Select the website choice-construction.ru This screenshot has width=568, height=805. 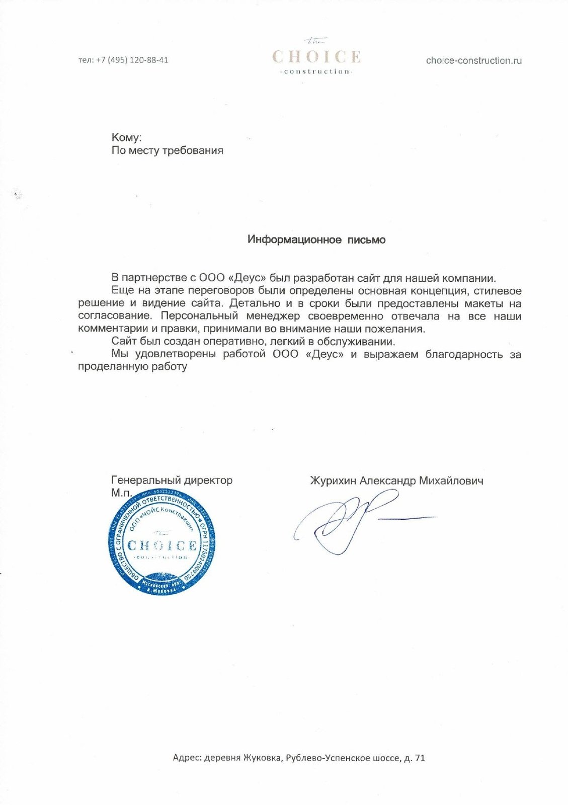[x=473, y=60]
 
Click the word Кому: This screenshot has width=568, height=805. [x=126, y=137]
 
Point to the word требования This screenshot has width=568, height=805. [x=193, y=150]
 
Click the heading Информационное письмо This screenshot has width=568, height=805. [x=316, y=239]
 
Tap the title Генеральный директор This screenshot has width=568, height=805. [x=172, y=480]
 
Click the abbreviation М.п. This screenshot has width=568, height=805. [x=121, y=493]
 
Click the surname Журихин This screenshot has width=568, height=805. [x=333, y=480]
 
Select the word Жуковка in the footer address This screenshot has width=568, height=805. [x=262, y=758]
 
